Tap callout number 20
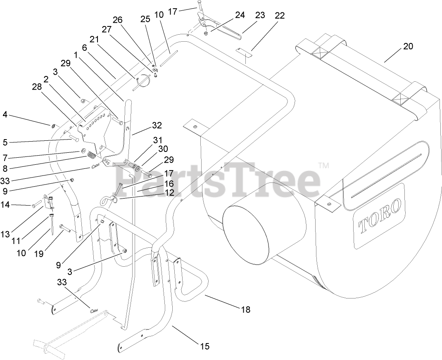[408, 47]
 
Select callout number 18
[246, 309]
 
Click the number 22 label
[280, 16]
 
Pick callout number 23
[260, 16]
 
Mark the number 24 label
[240, 15]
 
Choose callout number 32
[157, 126]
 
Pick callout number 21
[94, 39]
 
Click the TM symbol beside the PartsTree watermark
[325, 166]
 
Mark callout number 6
[84, 48]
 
